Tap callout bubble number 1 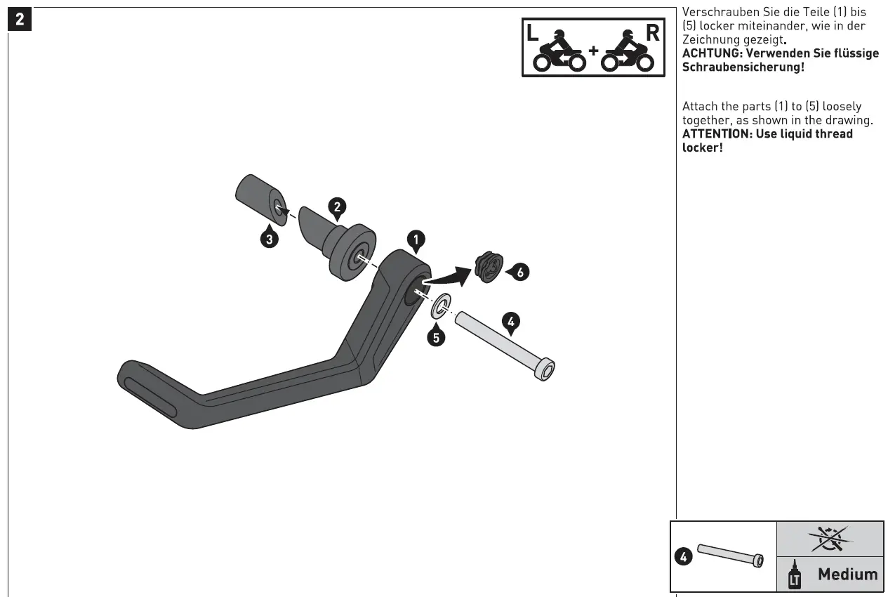coord(416,242)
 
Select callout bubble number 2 coord(337,206)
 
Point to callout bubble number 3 coord(267,238)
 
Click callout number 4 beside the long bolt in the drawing coord(511,322)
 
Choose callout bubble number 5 coord(436,337)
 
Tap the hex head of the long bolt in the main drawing coord(545,369)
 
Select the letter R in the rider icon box coord(653,33)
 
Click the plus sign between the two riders coord(593,51)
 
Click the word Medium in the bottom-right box coord(847,575)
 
